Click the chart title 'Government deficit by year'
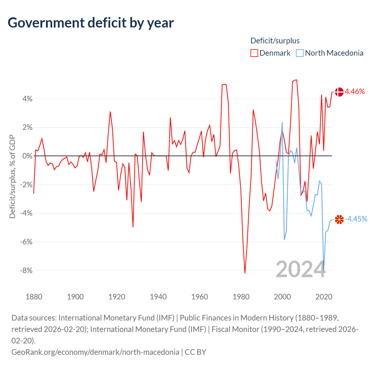[91, 23]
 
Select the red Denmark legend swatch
[254, 53]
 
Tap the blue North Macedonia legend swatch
[299, 53]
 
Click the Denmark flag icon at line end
[339, 92]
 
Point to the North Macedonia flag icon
[339, 219]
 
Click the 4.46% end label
[355, 91]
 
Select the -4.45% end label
[356, 219]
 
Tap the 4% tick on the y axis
[28, 99]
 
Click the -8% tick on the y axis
[26, 270]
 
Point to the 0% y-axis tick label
[28, 156]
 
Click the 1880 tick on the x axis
[34, 297]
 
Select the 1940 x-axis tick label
[158, 297]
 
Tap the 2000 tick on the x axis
[282, 297]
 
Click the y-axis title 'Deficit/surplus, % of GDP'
[13, 176]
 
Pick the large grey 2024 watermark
[301, 269]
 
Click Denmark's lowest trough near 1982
[245, 273]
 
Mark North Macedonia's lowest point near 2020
[324, 270]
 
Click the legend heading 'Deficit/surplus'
[275, 41]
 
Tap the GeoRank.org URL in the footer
[95, 352]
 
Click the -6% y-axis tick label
[26, 242]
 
